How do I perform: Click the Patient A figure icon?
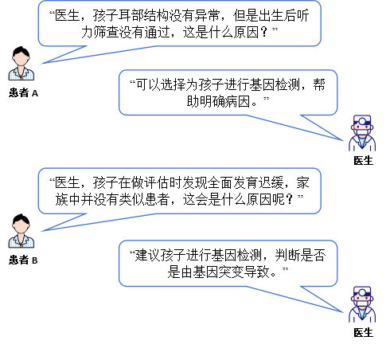21,63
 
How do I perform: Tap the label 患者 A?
23,93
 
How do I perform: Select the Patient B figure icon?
21,231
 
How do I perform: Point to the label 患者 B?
23,260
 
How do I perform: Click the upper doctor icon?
362,133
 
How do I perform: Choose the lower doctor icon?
362,304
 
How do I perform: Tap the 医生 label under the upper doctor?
363,160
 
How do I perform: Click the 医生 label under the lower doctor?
363,332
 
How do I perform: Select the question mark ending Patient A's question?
264,32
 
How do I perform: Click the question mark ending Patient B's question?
290,199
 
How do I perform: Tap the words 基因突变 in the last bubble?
218,272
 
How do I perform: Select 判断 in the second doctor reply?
287,255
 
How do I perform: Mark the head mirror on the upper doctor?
362,121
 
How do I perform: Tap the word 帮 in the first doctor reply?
319,84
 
